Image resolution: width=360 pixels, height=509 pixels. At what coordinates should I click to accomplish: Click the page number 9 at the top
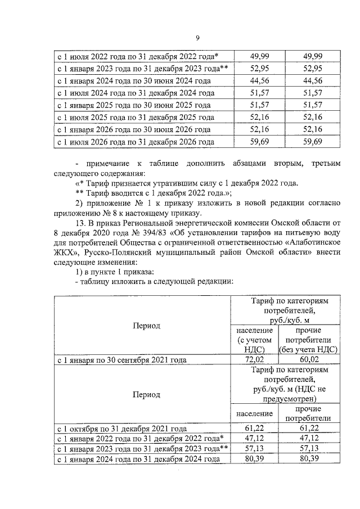pos(197,38)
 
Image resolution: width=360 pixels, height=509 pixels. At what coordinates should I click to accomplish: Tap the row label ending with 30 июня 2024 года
pos(134,80)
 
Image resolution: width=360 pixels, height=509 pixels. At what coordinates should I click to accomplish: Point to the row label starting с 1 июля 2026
pos(136,142)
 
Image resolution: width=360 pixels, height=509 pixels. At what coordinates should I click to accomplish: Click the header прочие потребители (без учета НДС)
pos(308,340)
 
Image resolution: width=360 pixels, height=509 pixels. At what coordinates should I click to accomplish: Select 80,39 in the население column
pos(251,460)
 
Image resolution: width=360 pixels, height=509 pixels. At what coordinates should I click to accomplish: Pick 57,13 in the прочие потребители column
pos(308,449)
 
